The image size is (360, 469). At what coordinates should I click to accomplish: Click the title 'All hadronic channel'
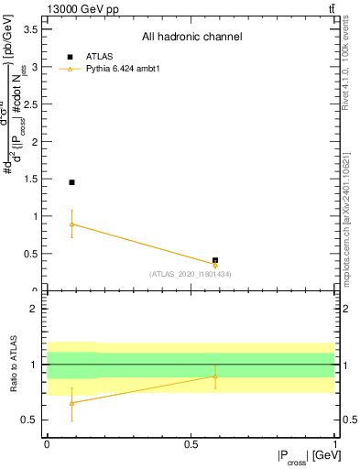pos(191,38)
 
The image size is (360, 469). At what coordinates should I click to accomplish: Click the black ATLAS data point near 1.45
pos(71,182)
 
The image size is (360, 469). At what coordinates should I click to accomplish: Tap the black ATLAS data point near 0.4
pos(215,260)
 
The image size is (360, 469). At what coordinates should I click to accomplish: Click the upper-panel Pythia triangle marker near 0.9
pos(71,224)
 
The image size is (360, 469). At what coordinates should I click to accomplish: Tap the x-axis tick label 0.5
pos(190,443)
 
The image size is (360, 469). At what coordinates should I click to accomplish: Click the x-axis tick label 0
pos(46,443)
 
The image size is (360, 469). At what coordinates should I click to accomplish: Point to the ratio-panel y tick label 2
pos(34,309)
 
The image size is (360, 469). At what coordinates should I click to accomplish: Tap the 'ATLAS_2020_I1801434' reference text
pos(190,274)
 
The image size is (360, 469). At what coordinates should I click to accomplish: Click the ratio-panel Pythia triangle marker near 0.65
pos(71,403)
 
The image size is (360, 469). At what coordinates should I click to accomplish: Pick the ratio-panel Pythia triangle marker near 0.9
pos(215,376)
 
